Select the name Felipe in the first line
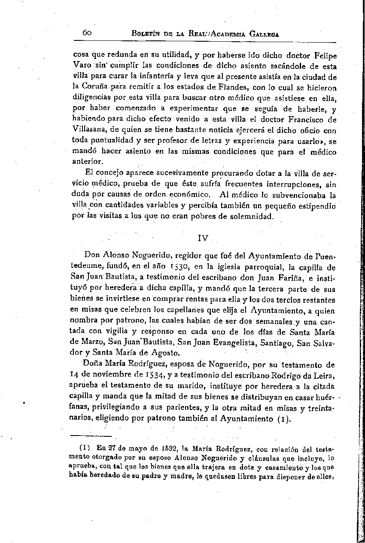pyautogui.click(x=322, y=56)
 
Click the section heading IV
pyautogui.click(x=203, y=237)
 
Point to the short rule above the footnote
pyautogui.click(x=84, y=436)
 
